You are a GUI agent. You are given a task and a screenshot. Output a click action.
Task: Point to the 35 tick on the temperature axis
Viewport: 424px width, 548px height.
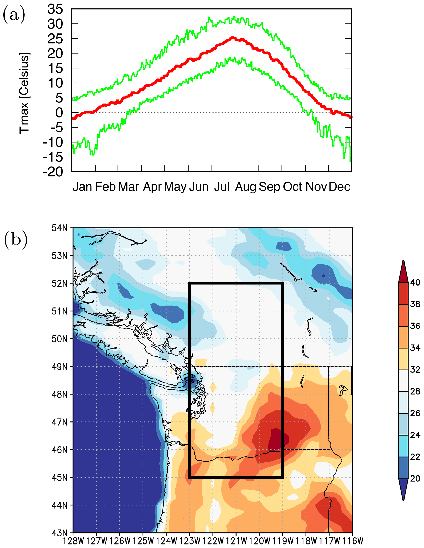[x=55, y=9]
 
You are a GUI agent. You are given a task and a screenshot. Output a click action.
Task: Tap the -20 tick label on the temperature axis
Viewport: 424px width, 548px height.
[x=53, y=172]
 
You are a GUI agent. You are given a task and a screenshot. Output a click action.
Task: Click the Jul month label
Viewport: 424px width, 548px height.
[x=222, y=187]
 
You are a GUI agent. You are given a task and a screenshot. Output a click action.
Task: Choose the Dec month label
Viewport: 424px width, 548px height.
[x=339, y=187]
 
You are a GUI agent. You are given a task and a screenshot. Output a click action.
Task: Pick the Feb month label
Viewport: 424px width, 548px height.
[x=105, y=187]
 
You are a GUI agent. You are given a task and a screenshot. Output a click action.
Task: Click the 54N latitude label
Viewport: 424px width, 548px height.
[x=60, y=228]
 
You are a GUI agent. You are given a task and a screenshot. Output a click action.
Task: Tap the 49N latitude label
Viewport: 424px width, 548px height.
[x=60, y=367]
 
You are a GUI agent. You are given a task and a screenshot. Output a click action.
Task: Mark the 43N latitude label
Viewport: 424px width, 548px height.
[x=60, y=532]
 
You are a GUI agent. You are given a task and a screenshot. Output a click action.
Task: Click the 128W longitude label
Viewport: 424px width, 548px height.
[x=73, y=541]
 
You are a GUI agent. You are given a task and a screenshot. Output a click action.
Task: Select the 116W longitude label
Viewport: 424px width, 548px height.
[x=353, y=541]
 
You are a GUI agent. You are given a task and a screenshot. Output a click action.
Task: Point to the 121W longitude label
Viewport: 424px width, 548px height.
[x=236, y=541]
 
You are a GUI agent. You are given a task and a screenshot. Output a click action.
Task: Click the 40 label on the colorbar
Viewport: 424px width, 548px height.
[x=415, y=283]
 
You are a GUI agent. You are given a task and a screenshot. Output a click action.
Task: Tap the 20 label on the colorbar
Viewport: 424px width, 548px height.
[x=415, y=479]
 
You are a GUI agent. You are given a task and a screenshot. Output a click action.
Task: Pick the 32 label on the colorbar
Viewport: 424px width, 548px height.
[x=415, y=370]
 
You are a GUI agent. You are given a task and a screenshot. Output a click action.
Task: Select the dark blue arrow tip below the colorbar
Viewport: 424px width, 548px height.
[x=403, y=490]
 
